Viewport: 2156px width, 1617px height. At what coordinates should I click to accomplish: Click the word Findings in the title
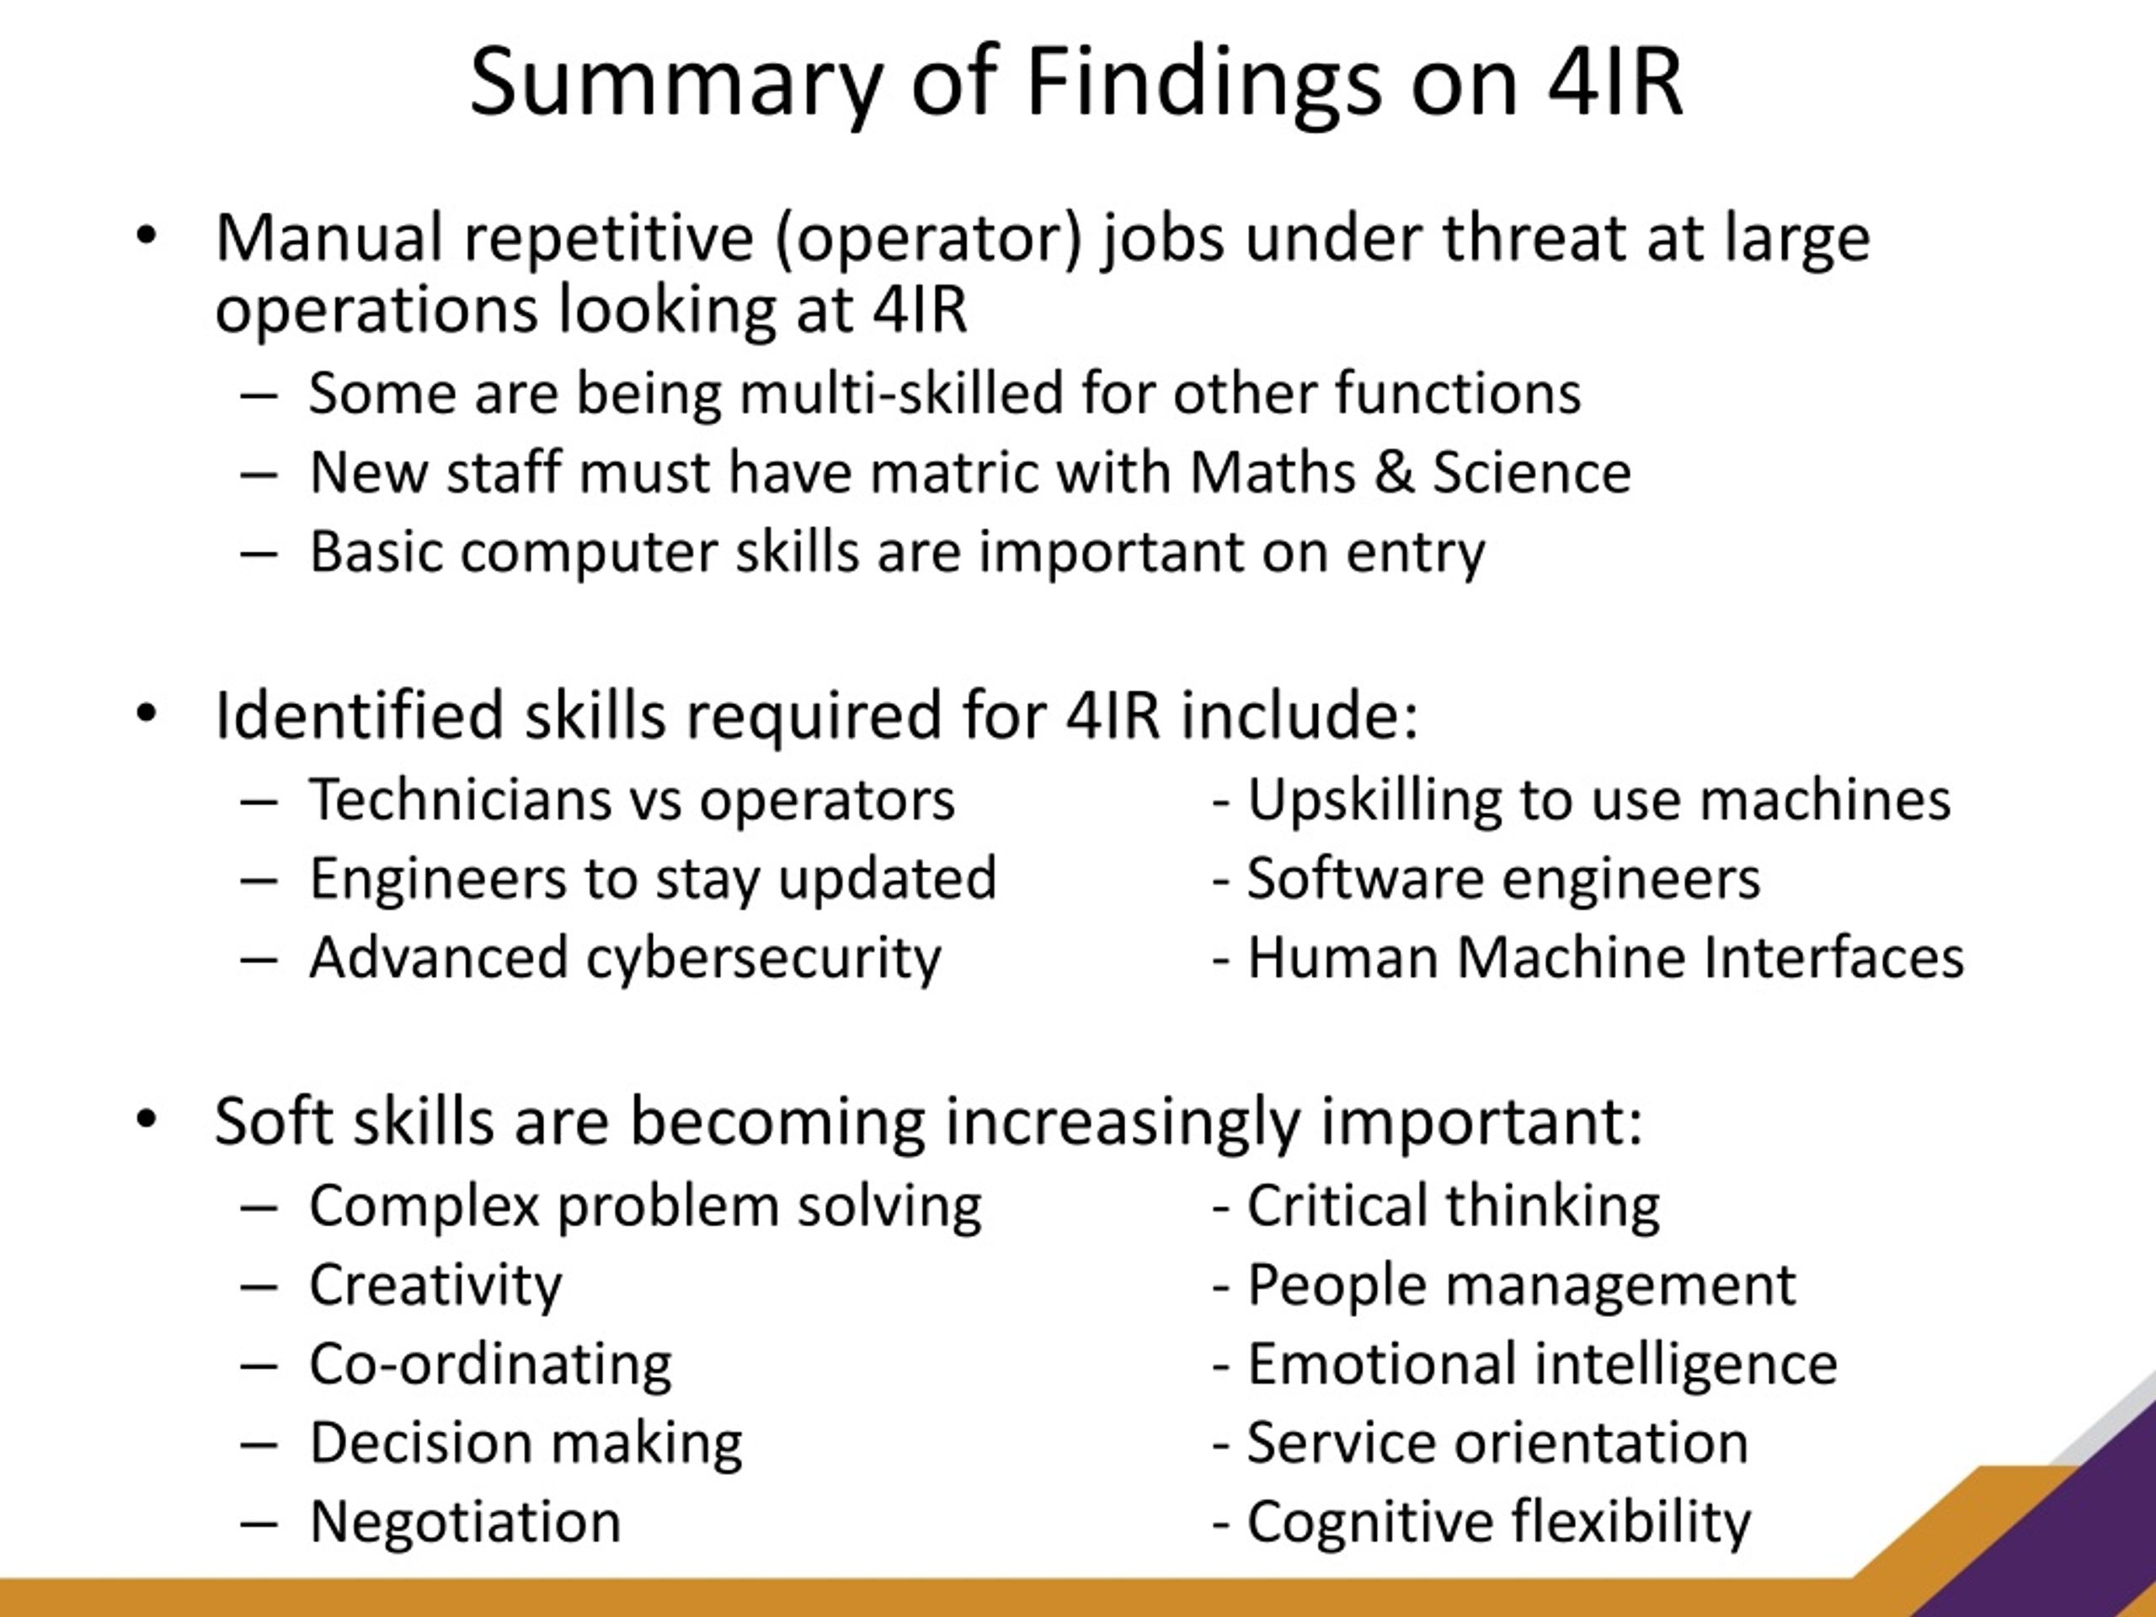point(1203,86)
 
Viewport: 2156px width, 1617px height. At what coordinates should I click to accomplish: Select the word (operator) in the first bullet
point(929,240)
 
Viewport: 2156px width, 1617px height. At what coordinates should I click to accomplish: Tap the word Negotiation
point(465,1522)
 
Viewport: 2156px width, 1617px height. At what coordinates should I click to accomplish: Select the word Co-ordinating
point(490,1364)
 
